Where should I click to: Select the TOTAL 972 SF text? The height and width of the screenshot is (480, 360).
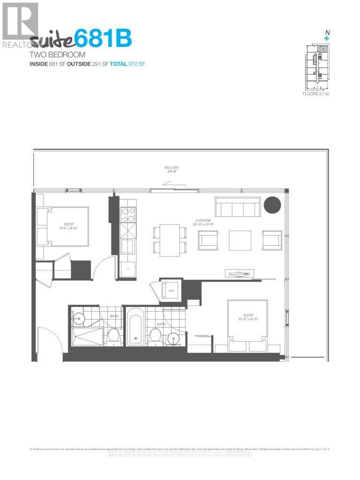click(127, 63)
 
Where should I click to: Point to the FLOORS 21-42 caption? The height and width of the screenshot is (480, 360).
click(317, 94)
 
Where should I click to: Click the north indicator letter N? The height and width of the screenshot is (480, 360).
click(326, 32)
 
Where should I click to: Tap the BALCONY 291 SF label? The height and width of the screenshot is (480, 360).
click(172, 170)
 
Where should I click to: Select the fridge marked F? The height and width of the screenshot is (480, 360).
click(128, 269)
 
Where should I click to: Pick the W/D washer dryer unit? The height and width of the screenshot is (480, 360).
click(170, 291)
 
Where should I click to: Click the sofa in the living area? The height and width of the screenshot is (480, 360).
click(238, 207)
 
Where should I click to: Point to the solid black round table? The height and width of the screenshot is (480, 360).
click(272, 205)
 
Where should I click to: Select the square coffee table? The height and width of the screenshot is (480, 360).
click(240, 240)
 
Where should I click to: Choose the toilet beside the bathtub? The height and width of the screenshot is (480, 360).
click(155, 336)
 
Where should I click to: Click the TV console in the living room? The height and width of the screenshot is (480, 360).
click(240, 272)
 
